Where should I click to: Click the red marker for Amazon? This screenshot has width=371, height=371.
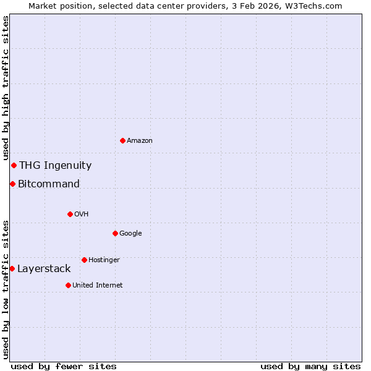[122, 140]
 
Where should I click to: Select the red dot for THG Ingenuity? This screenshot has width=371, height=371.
[14, 165]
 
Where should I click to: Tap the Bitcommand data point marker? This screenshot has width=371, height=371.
[12, 184]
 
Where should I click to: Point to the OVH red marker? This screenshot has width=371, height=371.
[70, 214]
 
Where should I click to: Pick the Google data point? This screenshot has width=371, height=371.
[115, 233]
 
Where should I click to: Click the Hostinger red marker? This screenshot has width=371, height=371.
[84, 260]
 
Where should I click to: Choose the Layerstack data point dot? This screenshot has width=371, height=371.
[12, 268]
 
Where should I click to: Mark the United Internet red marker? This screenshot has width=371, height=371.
[68, 285]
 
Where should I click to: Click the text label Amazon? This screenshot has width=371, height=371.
[140, 140]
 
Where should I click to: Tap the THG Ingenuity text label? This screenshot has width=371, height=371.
[55, 165]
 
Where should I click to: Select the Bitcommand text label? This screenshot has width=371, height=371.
[49, 184]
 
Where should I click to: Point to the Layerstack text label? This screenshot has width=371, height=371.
[44, 268]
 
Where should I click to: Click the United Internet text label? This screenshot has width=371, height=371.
[97, 285]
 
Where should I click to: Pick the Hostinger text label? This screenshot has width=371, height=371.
[104, 260]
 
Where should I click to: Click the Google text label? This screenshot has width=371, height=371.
[130, 233]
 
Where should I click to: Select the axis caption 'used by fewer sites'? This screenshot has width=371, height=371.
[64, 366]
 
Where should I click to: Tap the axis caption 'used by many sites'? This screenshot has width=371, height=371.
[310, 366]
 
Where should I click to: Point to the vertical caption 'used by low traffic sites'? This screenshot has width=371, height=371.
[6, 289]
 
